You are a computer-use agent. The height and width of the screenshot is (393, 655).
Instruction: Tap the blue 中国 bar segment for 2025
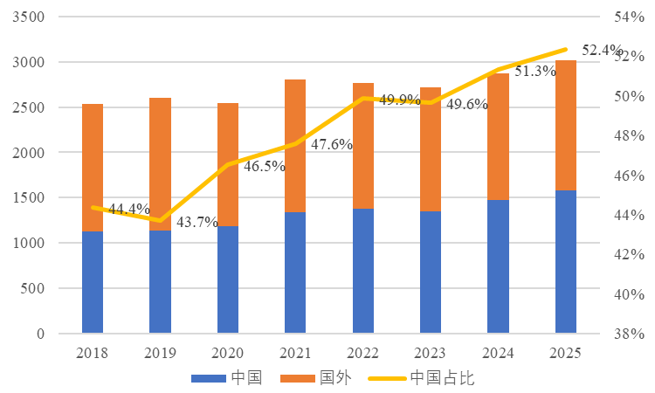(x=566, y=261)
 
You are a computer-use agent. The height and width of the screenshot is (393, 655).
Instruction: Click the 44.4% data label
(x=128, y=210)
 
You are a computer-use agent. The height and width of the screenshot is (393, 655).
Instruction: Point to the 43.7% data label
(x=196, y=222)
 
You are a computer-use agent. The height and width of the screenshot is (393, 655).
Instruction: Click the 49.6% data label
(x=467, y=105)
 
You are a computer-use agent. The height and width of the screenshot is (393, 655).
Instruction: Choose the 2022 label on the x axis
(x=362, y=354)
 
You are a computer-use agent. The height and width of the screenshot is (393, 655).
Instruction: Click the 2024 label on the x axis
(x=498, y=354)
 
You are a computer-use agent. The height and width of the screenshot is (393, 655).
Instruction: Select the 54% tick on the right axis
(x=629, y=17)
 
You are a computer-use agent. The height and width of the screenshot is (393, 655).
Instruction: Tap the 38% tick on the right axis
(x=629, y=334)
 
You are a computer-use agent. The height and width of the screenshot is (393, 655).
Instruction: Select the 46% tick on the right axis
(x=629, y=176)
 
